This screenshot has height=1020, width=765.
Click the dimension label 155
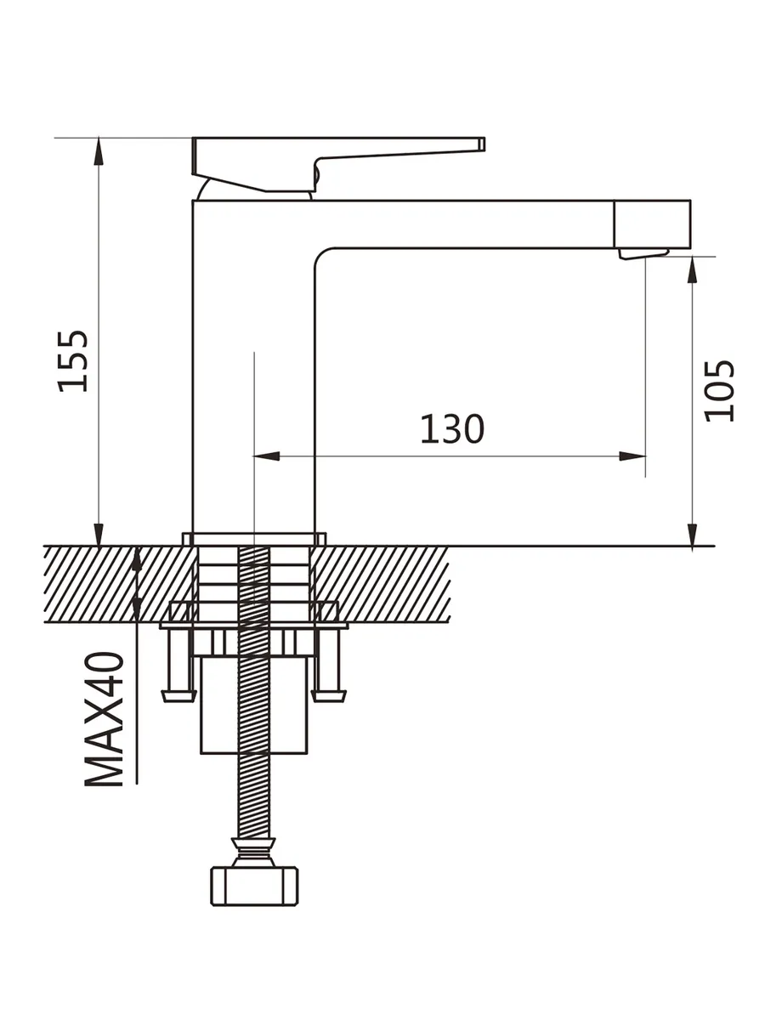[x=72, y=361]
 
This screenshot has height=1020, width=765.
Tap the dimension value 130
[x=452, y=428]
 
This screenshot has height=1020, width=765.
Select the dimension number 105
[x=719, y=391]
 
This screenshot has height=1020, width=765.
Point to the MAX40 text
[x=104, y=719]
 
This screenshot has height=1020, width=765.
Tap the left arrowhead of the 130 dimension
[x=267, y=456]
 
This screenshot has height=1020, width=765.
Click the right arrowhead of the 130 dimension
[x=632, y=456]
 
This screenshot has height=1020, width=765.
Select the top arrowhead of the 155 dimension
[x=99, y=151]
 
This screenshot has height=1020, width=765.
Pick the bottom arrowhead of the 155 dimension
[x=99, y=534]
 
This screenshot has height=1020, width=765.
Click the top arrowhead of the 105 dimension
[x=692, y=269]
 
